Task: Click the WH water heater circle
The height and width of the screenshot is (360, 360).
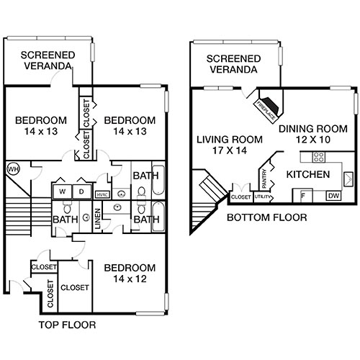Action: pos(12,169)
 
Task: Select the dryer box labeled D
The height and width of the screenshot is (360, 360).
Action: pos(81,192)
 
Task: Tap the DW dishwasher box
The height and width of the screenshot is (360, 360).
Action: pos(333,195)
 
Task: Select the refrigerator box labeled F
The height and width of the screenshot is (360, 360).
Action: pos(302,195)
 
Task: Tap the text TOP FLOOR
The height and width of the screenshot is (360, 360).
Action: pos(66,325)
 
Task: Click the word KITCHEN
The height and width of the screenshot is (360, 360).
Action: pos(308,175)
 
